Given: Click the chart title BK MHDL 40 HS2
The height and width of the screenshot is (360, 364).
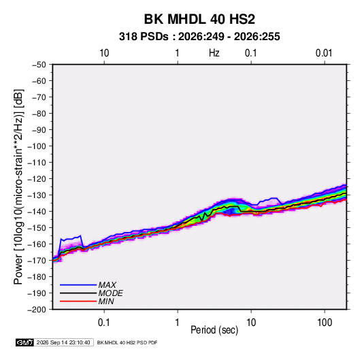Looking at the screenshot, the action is pos(199,19).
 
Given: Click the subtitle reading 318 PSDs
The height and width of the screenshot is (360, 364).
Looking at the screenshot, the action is pos(144,37).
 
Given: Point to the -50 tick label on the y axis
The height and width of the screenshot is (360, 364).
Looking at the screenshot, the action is pos(39,65).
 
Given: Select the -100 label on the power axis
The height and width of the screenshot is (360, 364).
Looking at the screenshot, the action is pos(37,146).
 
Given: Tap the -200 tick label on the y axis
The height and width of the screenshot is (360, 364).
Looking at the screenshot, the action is pos(37,310).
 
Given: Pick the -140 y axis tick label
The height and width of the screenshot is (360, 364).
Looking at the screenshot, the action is pos(37,212).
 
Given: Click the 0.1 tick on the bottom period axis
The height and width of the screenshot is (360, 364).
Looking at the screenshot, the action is pos(104,323).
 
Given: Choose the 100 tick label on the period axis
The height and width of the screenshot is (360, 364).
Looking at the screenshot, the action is pos(325,323).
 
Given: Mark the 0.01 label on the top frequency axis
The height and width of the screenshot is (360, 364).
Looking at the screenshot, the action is pos(324,53).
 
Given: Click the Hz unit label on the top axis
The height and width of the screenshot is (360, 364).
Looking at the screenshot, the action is pos(214,53).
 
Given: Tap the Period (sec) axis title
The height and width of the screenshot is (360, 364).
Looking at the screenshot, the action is pos(214,330).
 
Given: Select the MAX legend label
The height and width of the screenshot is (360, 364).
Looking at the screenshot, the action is pos(107,285).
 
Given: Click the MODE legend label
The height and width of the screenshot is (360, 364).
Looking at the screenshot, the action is pos(110,293).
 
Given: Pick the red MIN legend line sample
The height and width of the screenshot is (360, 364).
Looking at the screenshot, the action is pos(78,301).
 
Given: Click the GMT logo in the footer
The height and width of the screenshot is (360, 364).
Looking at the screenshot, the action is pos(24,342).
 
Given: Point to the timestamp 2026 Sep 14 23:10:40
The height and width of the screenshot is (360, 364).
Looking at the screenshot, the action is pos(63,342).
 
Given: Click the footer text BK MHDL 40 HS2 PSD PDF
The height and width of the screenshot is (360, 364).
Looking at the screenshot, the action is pos(127,342).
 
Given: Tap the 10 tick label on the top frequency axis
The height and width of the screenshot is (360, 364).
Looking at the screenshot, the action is pos(104,53).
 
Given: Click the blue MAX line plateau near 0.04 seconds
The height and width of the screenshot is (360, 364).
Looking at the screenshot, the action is pos(71,238).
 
